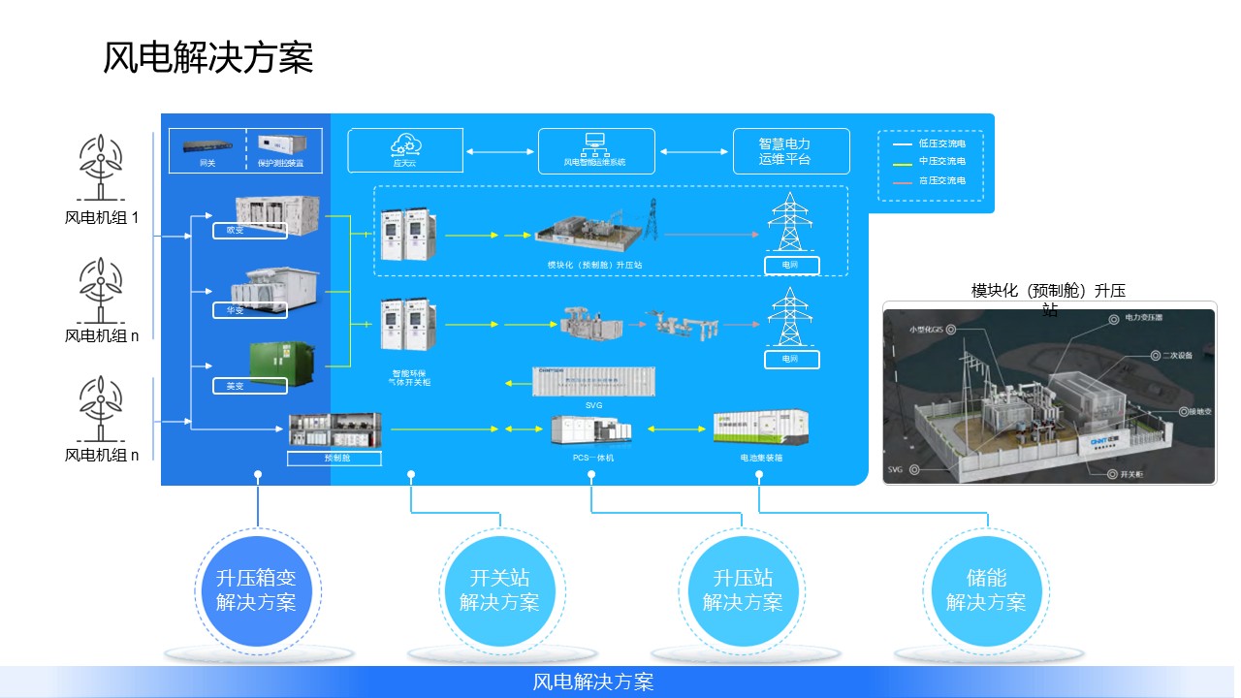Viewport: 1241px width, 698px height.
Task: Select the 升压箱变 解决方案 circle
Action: pyautogui.click(x=257, y=590)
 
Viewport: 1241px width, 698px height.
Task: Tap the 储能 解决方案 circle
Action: pyautogui.click(x=986, y=590)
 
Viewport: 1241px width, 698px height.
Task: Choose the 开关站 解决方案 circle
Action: pyautogui.click(x=500, y=590)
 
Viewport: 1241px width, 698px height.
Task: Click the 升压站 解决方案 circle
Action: pyautogui.click(x=744, y=590)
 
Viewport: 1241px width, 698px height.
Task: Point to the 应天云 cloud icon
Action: pyautogui.click(x=403, y=146)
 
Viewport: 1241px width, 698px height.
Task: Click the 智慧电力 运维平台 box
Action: pyautogui.click(x=790, y=151)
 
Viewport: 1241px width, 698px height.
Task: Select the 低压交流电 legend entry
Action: pyautogui.click(x=929, y=143)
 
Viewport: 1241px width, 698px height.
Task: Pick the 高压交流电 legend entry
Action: pyautogui.click(x=929, y=180)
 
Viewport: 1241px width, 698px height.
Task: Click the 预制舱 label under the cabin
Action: pyautogui.click(x=334, y=458)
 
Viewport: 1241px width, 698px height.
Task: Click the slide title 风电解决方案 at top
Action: pyautogui.click(x=207, y=58)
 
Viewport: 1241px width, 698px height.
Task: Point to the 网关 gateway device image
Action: pyautogui.click(x=207, y=147)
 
